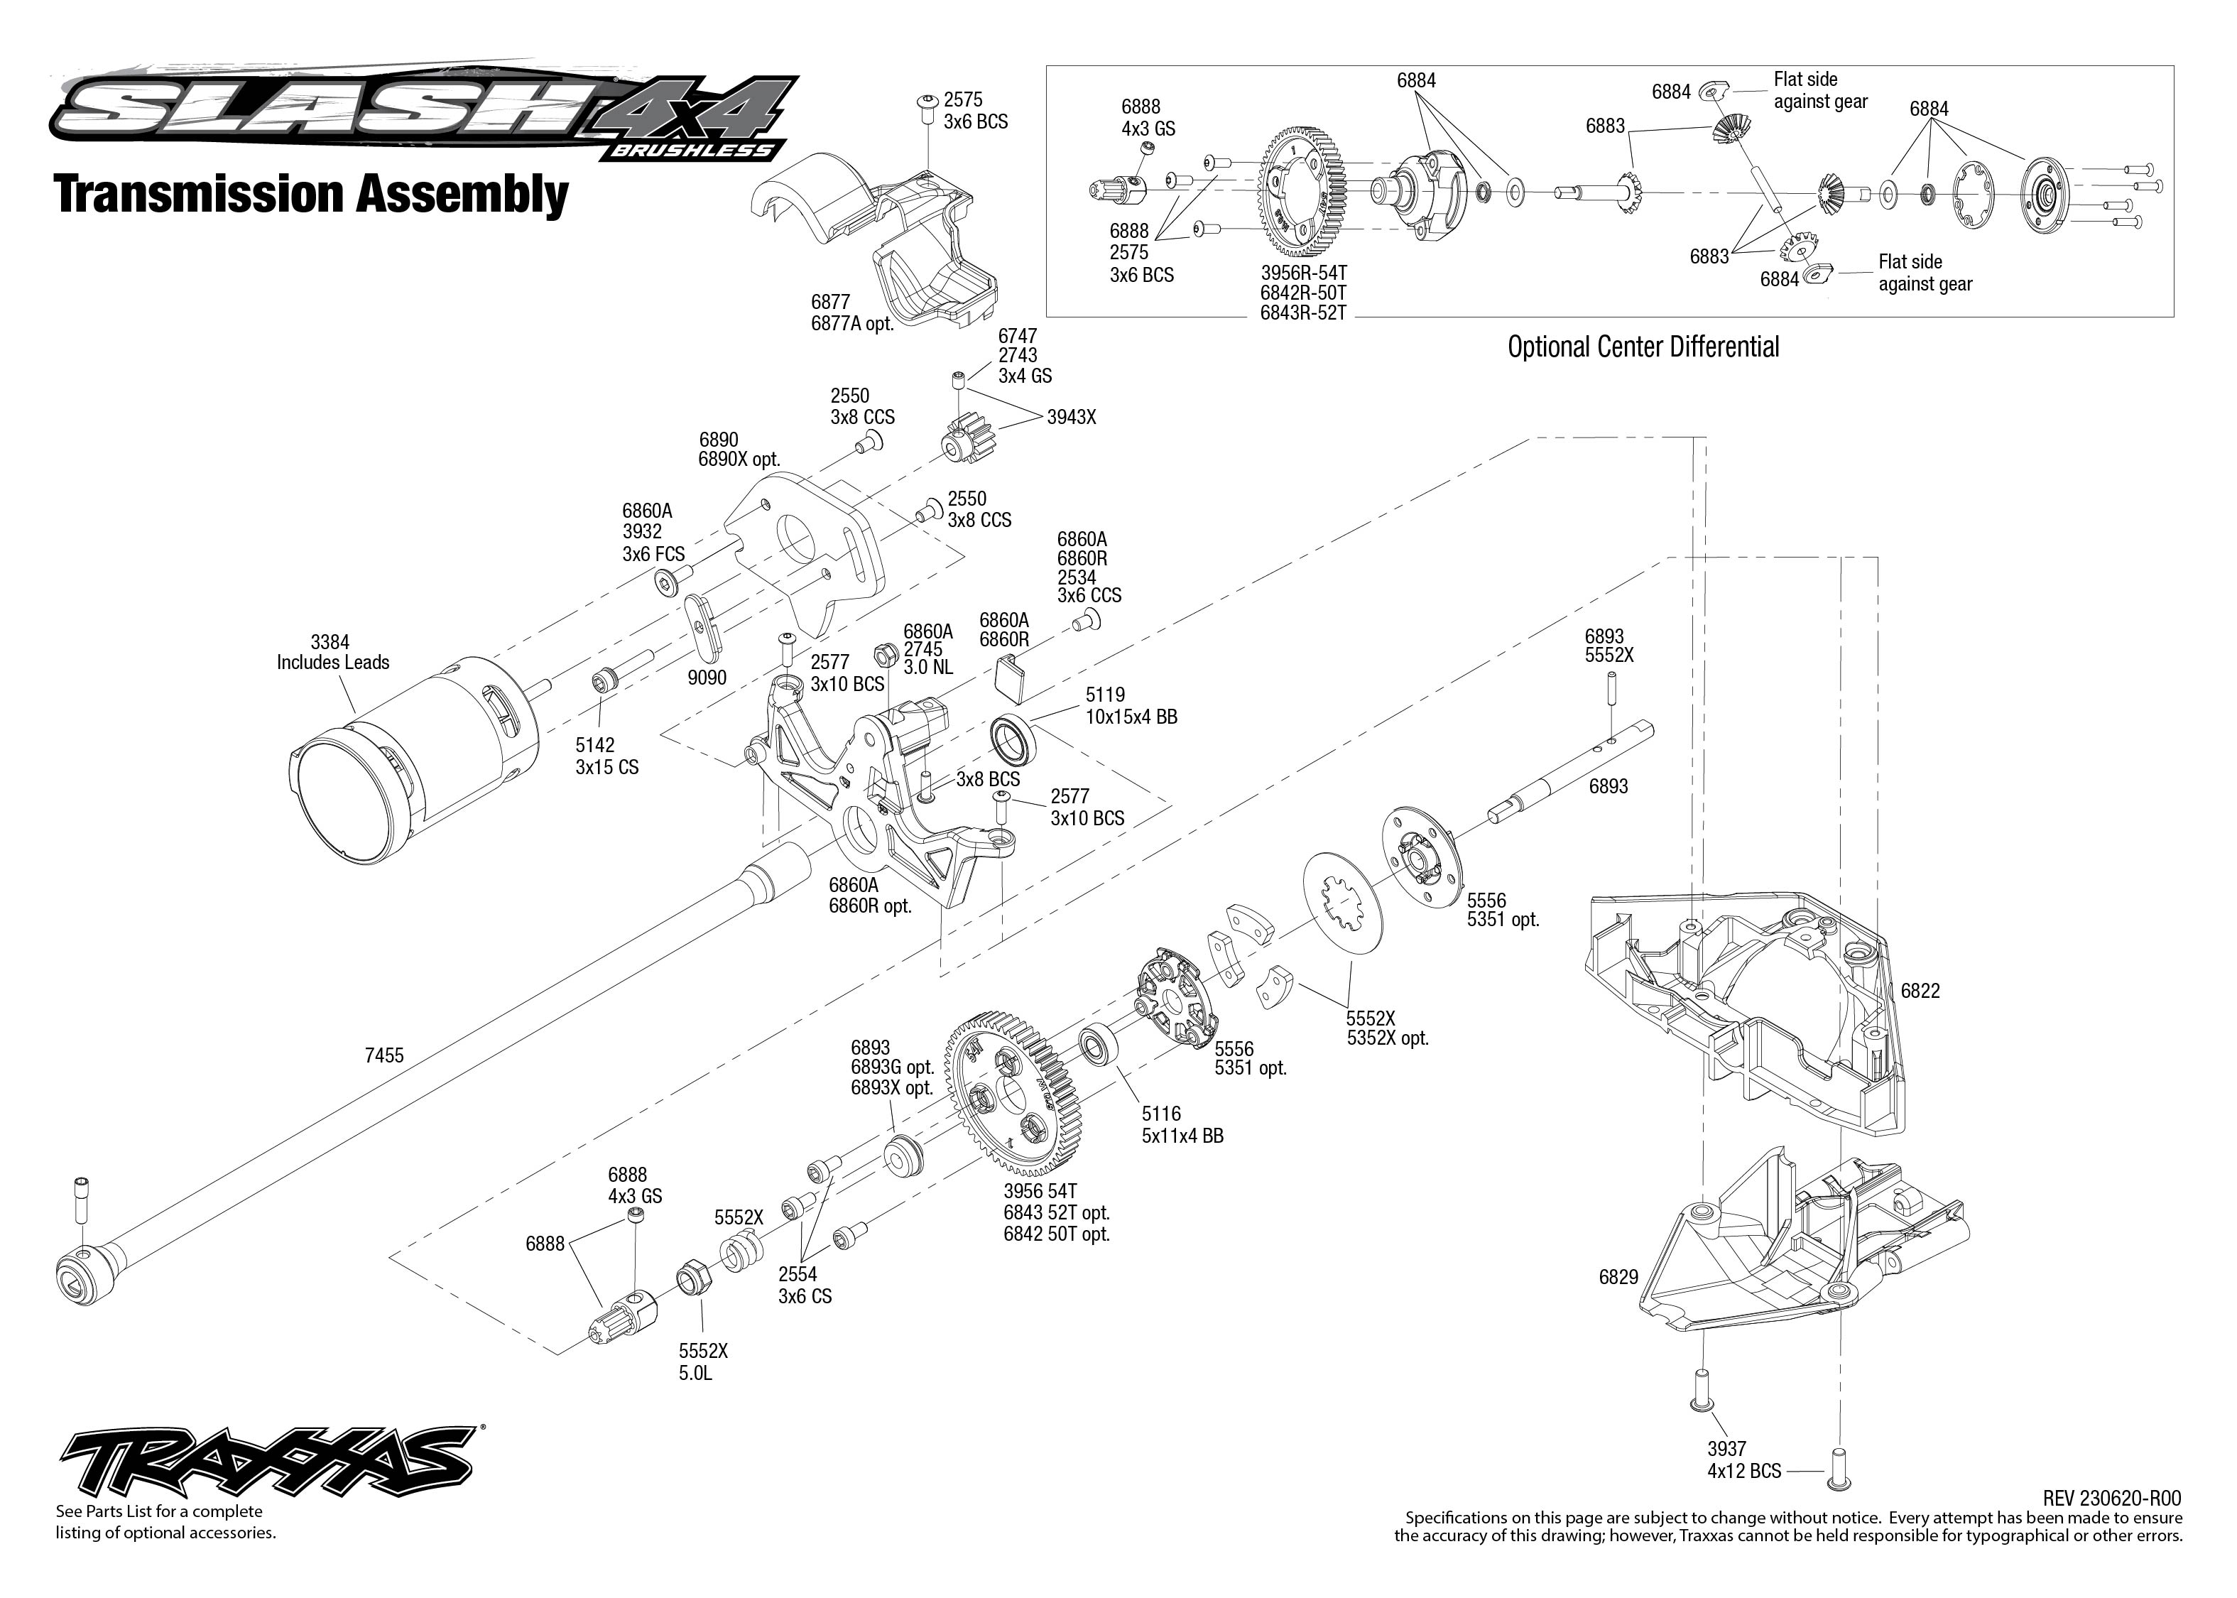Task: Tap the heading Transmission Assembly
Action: pyautogui.click(x=311, y=194)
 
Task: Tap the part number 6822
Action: pyautogui.click(x=1920, y=991)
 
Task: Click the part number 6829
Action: pyautogui.click(x=1618, y=1277)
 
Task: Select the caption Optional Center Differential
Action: pyautogui.click(x=1643, y=347)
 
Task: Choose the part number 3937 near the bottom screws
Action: pyautogui.click(x=1726, y=1448)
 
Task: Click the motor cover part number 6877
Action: pyautogui.click(x=830, y=302)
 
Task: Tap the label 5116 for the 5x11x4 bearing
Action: pyautogui.click(x=1161, y=1114)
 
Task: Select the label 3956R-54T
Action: pyautogui.click(x=1303, y=271)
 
